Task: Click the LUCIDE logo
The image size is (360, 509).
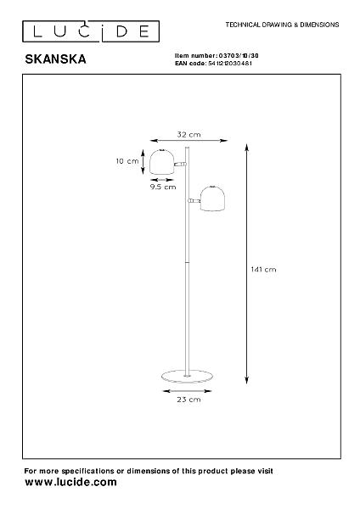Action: (x=91, y=31)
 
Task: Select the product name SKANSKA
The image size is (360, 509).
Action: (x=55, y=59)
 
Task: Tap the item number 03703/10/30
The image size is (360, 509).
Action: (x=239, y=56)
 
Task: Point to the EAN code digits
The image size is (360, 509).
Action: (x=229, y=64)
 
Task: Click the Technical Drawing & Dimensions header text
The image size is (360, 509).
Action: (x=283, y=25)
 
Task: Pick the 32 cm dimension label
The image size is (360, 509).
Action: (x=188, y=134)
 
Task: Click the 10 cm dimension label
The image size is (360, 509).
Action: (x=127, y=161)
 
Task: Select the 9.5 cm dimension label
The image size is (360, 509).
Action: (x=163, y=187)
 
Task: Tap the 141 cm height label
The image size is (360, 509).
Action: (x=263, y=270)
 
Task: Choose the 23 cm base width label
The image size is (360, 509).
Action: (x=188, y=400)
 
